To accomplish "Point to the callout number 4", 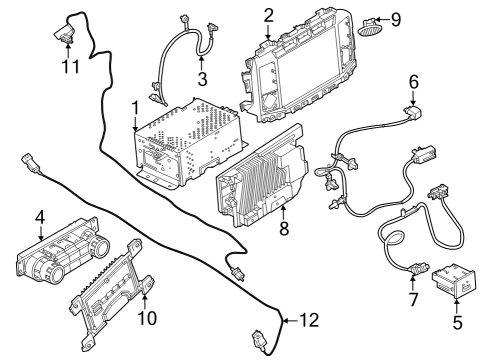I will coord(40,216).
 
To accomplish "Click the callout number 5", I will coord(459,323).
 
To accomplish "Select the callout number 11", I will coord(68,66).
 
